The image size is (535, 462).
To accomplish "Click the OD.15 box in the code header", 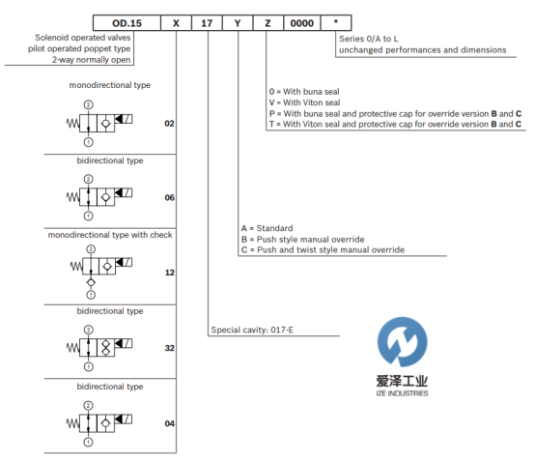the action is (127, 23).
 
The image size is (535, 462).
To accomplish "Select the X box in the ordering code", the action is (176, 23).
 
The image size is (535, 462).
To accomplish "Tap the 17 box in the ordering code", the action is (207, 23).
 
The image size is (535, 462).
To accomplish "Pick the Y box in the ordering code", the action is (238, 23).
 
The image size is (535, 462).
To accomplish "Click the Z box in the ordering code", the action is (267, 23).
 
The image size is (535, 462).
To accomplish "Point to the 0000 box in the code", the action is (302, 23).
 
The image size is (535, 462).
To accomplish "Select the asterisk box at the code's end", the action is (336, 23).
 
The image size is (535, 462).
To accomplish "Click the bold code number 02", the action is (169, 124).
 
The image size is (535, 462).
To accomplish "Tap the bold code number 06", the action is (169, 197).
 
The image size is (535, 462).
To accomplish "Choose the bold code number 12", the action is (169, 273).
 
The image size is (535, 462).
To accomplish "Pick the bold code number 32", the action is (169, 348).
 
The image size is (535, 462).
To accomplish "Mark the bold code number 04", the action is (169, 423).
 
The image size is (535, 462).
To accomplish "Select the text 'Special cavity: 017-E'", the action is (252, 330).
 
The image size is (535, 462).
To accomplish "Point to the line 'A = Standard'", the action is (267, 228).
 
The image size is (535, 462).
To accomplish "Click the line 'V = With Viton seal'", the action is (304, 102).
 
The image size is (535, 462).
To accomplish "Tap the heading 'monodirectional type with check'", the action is (110, 235).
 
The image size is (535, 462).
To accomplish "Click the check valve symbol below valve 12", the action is (91, 282).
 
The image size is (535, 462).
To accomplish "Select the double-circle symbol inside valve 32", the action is (106, 348).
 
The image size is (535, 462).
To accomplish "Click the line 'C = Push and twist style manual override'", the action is (323, 250).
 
